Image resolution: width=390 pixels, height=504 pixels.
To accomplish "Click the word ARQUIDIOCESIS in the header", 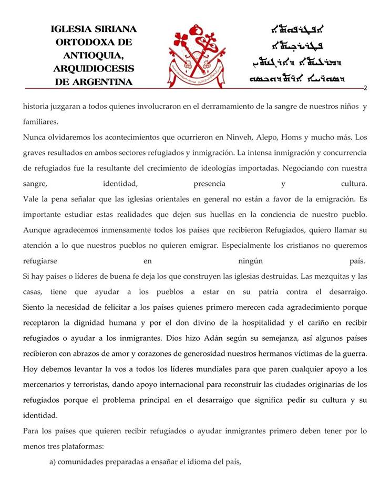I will tap(94, 69).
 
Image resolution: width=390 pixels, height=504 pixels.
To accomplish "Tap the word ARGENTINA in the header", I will tap(103, 82).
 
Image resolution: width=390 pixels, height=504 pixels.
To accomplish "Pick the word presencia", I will tap(209, 184).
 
